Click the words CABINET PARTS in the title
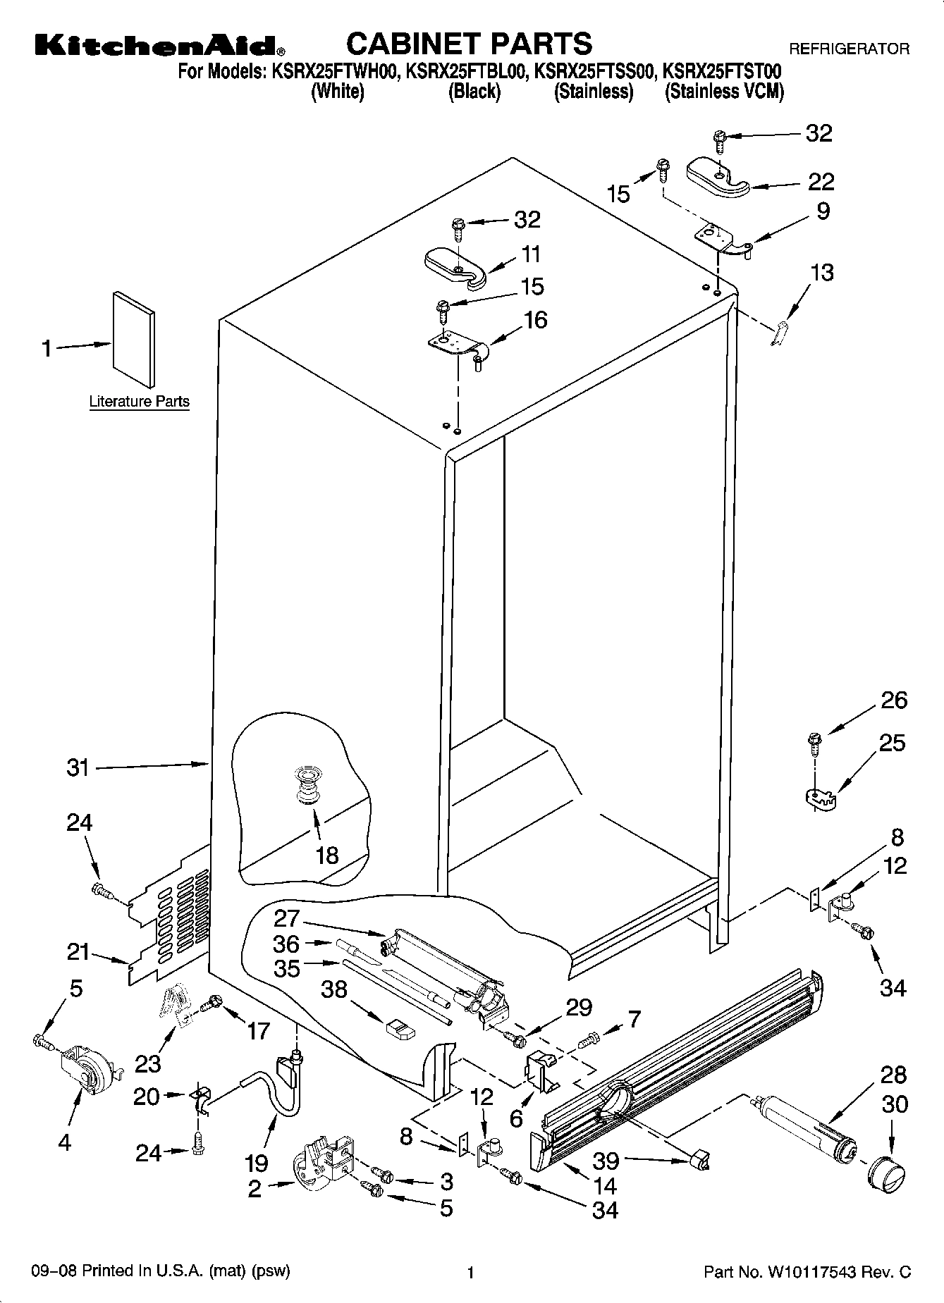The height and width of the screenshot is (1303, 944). click(x=469, y=44)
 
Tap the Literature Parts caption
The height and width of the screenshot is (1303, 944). click(x=139, y=402)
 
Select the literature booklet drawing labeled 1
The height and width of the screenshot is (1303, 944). click(x=133, y=339)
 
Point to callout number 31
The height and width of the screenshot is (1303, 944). click(x=78, y=767)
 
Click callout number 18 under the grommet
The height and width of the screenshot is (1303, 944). click(x=327, y=855)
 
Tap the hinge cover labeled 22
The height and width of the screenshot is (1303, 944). click(x=718, y=178)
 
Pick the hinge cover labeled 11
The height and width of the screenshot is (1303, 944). click(x=456, y=266)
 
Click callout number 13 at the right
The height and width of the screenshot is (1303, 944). click(x=822, y=272)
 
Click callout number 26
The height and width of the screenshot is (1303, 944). click(x=894, y=700)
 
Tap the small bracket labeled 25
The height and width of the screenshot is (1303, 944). click(x=820, y=797)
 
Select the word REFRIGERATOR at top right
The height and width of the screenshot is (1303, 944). click(x=848, y=49)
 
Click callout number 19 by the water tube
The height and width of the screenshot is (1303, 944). click(x=257, y=1162)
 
